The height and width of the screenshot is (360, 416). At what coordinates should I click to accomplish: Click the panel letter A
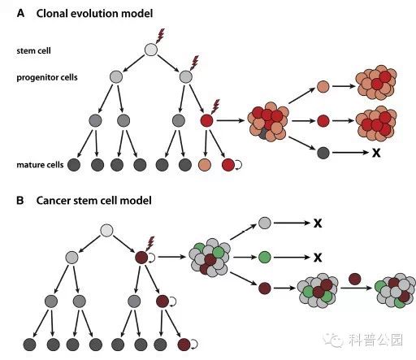tap(20, 13)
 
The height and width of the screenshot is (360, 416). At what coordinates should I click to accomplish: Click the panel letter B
tap(20, 201)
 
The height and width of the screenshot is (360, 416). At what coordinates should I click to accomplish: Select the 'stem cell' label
tap(33, 50)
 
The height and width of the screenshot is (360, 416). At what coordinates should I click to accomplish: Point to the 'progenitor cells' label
tap(47, 77)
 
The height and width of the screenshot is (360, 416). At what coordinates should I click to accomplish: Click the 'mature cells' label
tap(40, 165)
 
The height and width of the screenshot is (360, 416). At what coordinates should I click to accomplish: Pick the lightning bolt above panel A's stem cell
tap(160, 36)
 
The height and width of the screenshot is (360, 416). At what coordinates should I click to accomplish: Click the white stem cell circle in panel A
tap(151, 50)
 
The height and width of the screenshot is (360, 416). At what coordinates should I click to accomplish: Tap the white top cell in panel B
tap(106, 231)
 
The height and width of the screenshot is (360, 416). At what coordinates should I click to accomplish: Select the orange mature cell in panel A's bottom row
tap(205, 165)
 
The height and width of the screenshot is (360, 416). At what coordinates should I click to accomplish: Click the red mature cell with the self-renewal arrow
tap(228, 165)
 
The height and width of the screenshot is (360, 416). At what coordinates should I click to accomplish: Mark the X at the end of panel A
tap(376, 153)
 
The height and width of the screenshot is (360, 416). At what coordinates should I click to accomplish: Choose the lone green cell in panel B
tap(265, 257)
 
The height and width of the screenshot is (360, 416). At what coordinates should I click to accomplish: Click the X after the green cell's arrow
tap(318, 258)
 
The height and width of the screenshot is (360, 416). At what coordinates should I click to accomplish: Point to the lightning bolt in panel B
tap(150, 244)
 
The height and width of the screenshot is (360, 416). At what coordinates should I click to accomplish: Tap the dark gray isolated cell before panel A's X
tap(323, 153)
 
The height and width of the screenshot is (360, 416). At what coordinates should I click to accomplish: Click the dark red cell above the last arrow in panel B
tap(355, 279)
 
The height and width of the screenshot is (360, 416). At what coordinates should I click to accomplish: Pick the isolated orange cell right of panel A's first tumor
tap(323, 87)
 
